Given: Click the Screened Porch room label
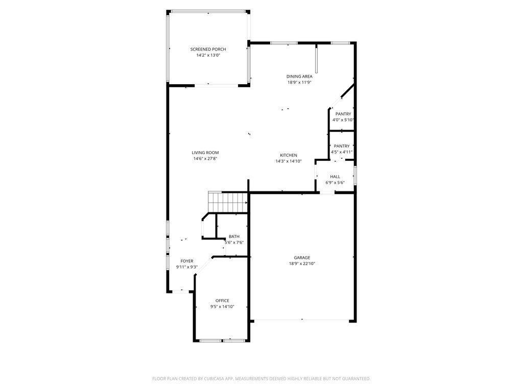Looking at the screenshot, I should click(208, 50).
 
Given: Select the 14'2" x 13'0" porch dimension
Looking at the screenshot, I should click(208, 55).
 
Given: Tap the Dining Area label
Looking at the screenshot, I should click(299, 77).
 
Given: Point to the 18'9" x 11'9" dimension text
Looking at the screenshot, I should click(299, 82).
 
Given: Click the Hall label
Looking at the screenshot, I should click(335, 177).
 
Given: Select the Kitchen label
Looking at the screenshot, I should click(289, 155).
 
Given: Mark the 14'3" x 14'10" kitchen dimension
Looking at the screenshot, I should click(289, 161).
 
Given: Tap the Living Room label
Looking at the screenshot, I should click(205, 153).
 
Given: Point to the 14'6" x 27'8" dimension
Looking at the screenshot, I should click(205, 159).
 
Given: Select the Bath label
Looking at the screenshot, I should click(234, 236).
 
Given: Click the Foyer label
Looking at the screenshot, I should click(187, 261).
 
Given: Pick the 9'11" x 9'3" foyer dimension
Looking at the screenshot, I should click(187, 267).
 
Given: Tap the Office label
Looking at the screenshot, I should click(222, 301).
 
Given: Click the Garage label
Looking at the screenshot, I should click(302, 258).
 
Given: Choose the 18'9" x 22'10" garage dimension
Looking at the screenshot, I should click(302, 264).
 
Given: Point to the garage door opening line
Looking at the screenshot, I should click(302, 321).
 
